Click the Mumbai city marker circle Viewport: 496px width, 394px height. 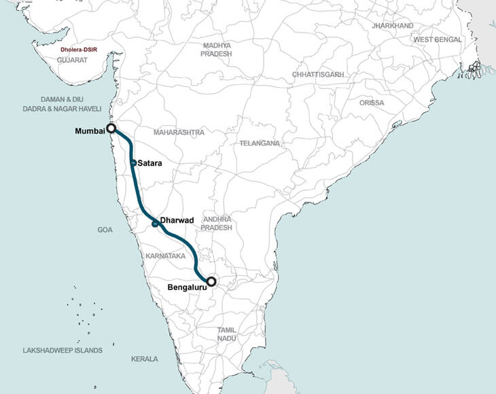[x=111, y=128]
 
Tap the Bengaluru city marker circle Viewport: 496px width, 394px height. [x=211, y=281]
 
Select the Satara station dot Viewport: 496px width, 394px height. [x=134, y=163]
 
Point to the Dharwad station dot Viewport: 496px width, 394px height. [x=155, y=223]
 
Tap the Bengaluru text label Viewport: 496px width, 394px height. [x=188, y=288]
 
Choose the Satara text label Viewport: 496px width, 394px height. [x=150, y=163]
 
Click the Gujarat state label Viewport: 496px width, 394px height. [x=73, y=60]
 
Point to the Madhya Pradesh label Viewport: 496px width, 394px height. [x=217, y=50]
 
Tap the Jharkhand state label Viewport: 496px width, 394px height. [x=392, y=26]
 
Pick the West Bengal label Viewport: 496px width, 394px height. [x=438, y=40]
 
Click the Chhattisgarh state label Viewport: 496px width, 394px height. [x=318, y=74]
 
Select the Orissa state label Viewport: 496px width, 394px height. [x=372, y=103]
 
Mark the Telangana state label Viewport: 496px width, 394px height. [x=259, y=144]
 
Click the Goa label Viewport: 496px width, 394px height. [x=105, y=230]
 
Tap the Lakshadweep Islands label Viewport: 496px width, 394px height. [x=63, y=351]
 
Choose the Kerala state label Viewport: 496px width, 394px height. [x=144, y=359]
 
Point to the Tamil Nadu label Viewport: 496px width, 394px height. [x=226, y=334]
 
